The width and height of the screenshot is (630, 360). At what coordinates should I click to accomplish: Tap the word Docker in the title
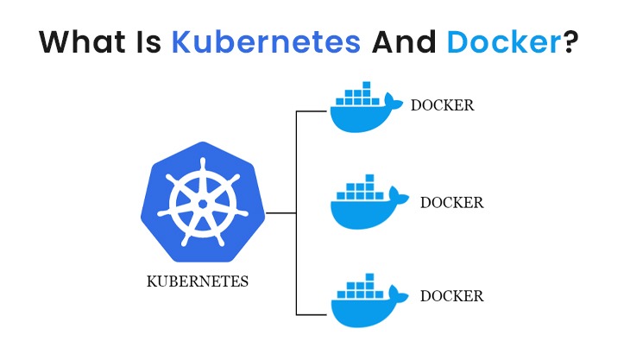click(504, 42)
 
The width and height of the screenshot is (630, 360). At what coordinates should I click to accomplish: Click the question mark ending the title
click(570, 42)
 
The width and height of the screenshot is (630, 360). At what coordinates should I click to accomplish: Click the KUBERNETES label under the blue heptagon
click(198, 281)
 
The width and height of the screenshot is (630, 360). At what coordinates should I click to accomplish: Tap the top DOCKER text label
click(443, 106)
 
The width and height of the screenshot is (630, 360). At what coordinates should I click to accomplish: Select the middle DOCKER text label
click(451, 203)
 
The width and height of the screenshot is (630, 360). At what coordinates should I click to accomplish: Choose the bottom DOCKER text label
click(451, 296)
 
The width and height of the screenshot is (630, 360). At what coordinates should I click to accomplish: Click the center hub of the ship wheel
click(200, 202)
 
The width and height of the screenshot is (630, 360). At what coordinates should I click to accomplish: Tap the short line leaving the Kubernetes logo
click(281, 212)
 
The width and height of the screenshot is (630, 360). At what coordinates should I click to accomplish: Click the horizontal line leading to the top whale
click(312, 111)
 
